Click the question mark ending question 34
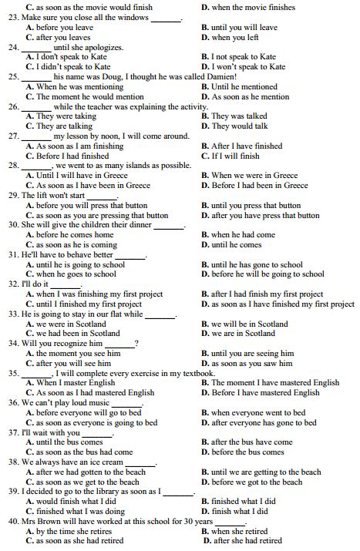[x=136, y=344]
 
